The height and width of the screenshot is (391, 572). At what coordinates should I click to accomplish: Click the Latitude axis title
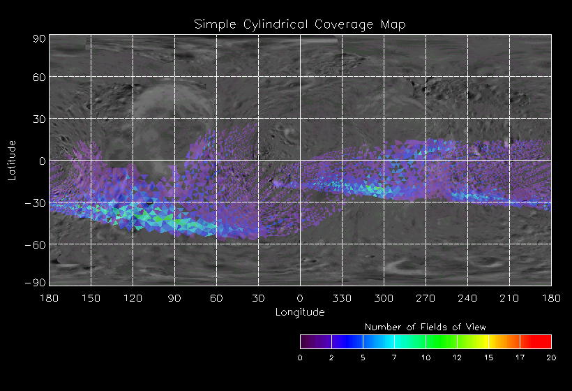(11, 160)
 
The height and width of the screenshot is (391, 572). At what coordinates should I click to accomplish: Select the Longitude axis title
(299, 311)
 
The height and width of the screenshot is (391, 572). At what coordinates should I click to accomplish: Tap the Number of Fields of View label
(426, 327)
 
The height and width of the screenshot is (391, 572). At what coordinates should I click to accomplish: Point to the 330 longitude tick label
(342, 298)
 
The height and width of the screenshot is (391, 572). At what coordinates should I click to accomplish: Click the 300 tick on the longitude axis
(384, 298)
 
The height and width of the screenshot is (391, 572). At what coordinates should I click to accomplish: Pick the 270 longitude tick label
(426, 298)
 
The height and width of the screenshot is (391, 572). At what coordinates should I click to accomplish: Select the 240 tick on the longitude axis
(467, 298)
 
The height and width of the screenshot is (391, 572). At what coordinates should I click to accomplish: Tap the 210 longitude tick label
(509, 298)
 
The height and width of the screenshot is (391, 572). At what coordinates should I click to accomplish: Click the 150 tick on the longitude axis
(91, 298)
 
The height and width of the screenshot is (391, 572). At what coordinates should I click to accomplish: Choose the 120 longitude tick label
(133, 298)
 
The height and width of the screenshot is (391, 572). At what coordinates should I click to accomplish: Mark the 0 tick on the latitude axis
(43, 161)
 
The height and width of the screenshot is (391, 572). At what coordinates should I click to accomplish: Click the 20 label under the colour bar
(551, 357)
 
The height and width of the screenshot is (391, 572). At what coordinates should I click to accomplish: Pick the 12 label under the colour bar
(457, 357)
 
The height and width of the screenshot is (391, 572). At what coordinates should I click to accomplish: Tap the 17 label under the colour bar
(520, 357)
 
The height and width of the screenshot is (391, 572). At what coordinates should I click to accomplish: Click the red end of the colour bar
(544, 341)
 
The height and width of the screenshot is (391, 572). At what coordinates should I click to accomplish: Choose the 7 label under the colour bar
(394, 357)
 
